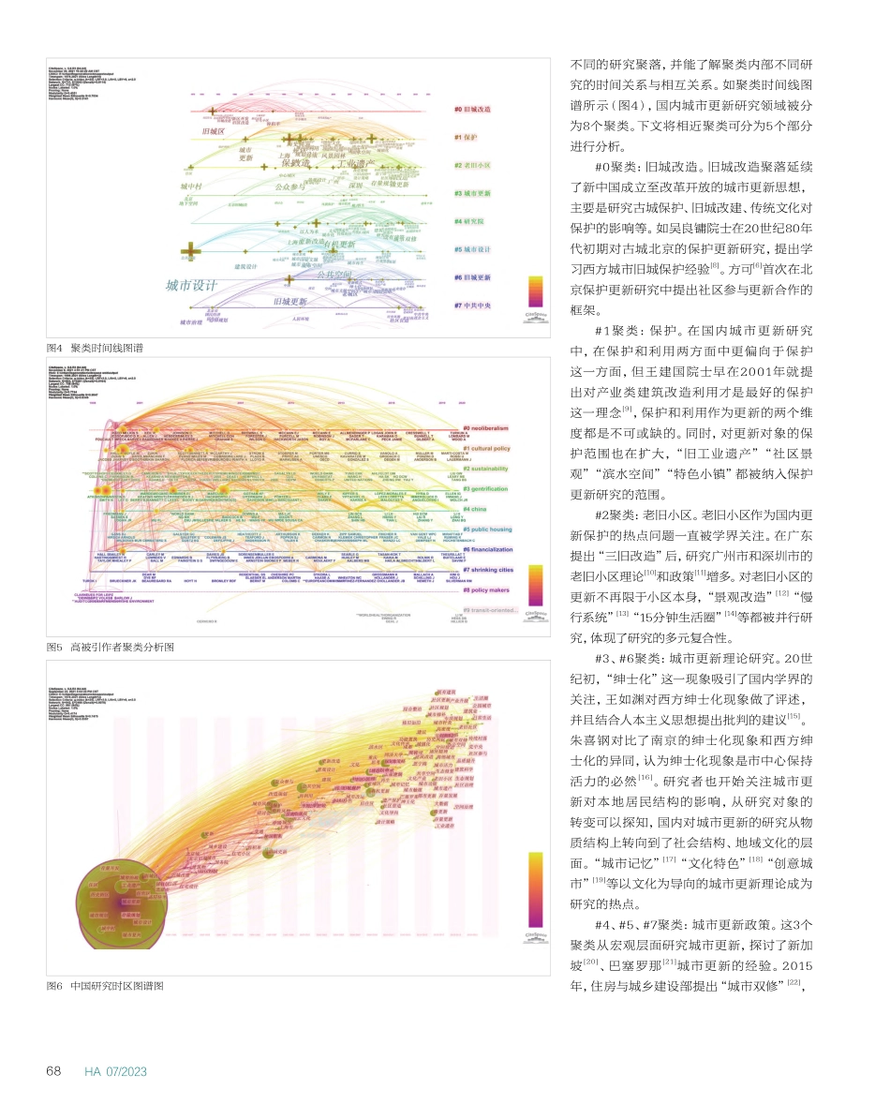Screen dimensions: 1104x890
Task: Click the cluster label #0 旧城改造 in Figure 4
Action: [x=473, y=110]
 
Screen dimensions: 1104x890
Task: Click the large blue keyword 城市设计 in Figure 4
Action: [x=191, y=285]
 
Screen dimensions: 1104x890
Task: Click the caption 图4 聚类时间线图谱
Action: [x=95, y=348]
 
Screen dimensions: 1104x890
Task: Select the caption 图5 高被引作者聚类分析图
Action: [x=111, y=647]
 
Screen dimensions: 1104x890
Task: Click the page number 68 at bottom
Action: [x=55, y=1071]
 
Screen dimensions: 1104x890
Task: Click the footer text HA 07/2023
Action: [x=116, y=1071]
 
